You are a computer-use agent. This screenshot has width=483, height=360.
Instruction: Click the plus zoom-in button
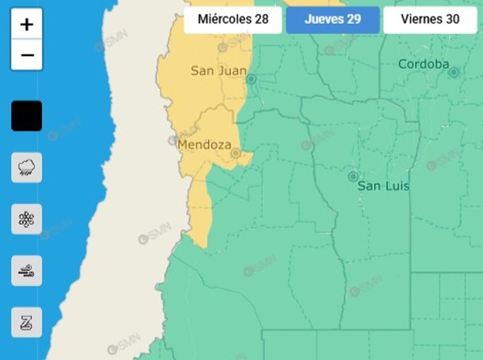[27, 24]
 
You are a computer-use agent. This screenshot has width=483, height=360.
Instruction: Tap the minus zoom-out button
[27, 55]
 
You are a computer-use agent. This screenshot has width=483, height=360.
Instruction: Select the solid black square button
[27, 116]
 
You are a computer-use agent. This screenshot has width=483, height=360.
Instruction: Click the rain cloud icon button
[27, 167]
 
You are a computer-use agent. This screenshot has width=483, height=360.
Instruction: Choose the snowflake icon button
[27, 219]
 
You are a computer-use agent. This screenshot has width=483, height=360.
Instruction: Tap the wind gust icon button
[27, 271]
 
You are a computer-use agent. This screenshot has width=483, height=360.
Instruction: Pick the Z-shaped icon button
[27, 322]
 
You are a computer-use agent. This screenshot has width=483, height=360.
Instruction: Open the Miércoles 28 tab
[233, 19]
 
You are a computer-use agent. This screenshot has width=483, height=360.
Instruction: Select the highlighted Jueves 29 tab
[332, 19]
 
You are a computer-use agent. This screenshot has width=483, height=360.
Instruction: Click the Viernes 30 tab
[430, 19]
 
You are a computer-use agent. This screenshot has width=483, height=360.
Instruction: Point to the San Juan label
[218, 71]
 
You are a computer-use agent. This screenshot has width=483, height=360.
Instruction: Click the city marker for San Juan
[251, 80]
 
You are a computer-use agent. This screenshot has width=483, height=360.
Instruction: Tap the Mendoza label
[204, 145]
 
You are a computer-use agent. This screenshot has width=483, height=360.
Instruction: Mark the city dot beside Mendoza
[236, 153]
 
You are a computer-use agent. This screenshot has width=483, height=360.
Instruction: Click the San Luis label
[383, 186]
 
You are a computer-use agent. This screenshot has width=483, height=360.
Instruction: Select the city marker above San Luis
[353, 176]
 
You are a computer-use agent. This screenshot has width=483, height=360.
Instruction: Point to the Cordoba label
[423, 64]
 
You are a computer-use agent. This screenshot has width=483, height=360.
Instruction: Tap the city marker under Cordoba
[453, 73]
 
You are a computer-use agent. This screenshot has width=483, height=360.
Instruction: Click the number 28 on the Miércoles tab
[261, 19]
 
